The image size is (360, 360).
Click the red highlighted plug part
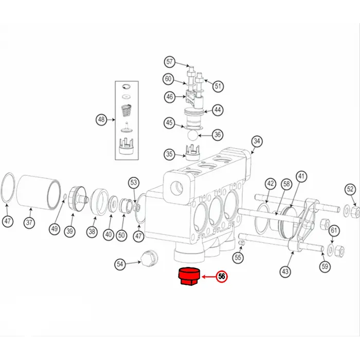pos(188,278)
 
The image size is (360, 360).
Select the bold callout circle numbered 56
pos(222,276)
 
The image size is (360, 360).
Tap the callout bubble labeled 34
pos(257,141)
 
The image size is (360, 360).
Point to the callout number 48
pos(101,120)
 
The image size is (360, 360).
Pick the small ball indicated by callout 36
pos(191,135)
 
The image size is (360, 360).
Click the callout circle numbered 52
pos(350,189)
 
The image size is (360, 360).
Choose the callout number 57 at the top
pos(170,62)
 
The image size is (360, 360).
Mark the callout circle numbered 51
pos(219,86)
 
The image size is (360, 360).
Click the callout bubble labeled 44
pos(218,110)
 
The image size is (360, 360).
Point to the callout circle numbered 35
pos(169,154)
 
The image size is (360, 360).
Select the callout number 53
pos(134,182)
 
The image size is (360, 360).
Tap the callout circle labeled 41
pos(301,176)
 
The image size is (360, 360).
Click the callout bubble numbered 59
pos(324,266)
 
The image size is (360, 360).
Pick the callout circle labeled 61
pos(334,230)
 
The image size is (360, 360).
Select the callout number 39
pos(69,231)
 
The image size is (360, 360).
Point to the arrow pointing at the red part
pos(208,277)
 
